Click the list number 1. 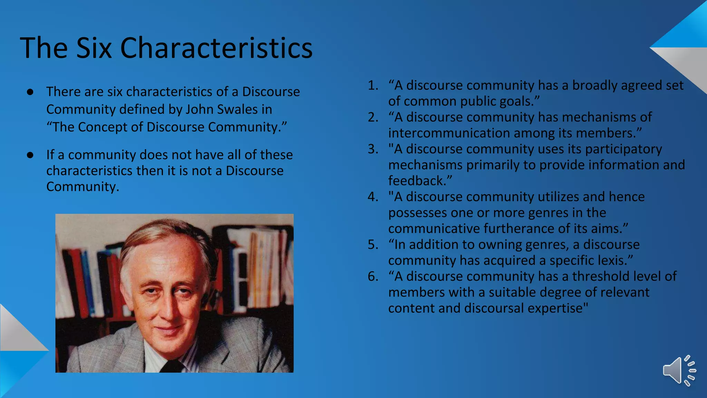[x=372, y=85]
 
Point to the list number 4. [x=372, y=197]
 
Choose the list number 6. [x=372, y=276]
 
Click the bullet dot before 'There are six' [x=30, y=92]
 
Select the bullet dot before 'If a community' [x=30, y=155]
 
